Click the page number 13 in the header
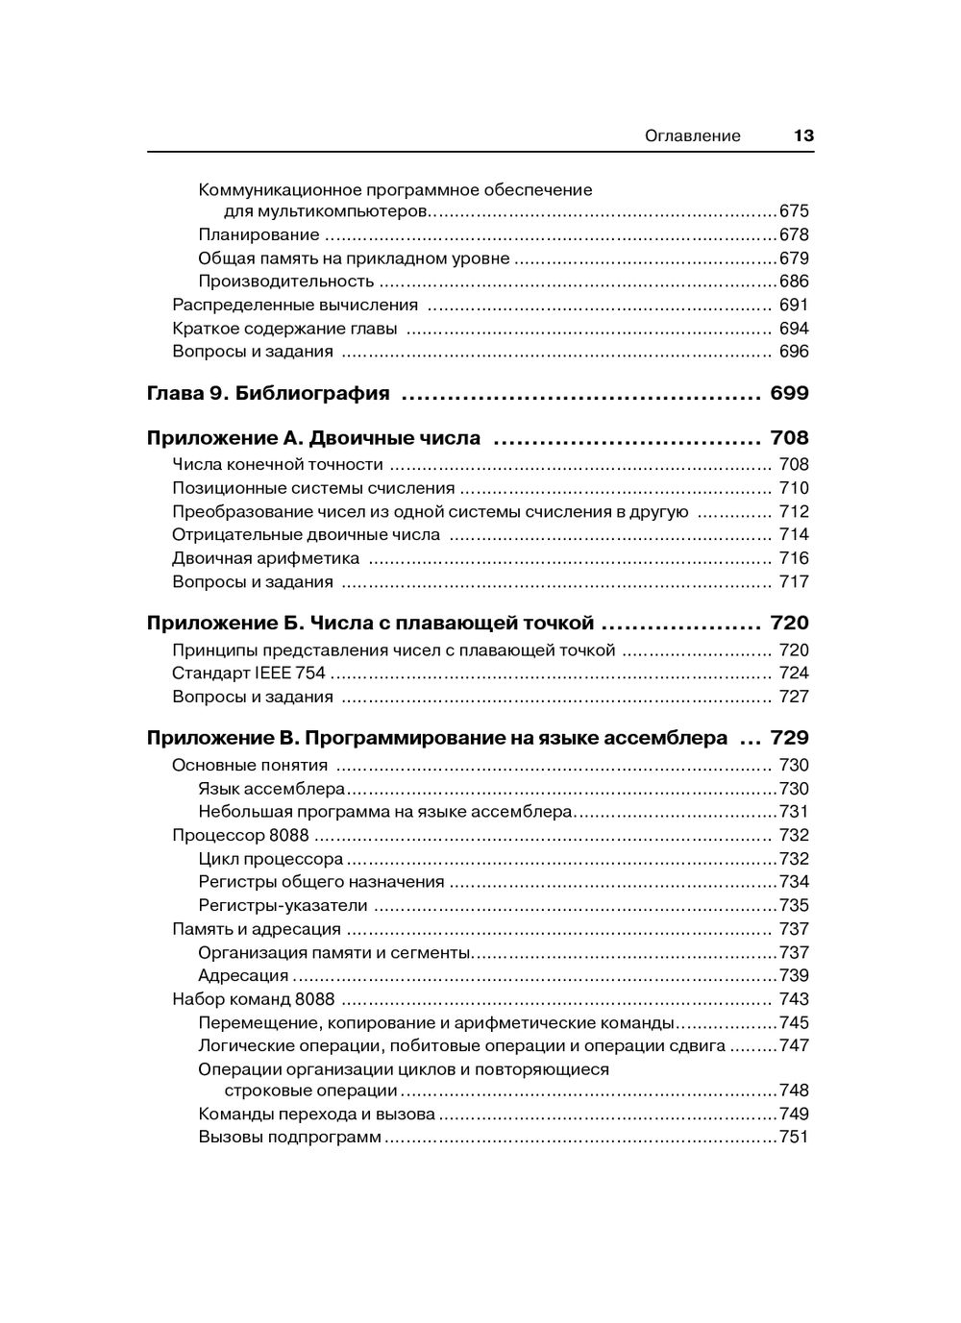[x=803, y=135]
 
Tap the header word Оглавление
[x=692, y=135]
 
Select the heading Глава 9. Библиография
[x=268, y=393]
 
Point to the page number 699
[x=789, y=393]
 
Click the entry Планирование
[x=259, y=234]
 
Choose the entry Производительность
[x=285, y=282]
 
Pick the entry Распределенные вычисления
[x=295, y=305]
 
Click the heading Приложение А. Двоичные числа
[x=313, y=439]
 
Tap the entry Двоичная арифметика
[x=265, y=558]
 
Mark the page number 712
[x=794, y=511]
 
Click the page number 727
[x=794, y=697]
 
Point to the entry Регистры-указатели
[x=283, y=905]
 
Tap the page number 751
[x=794, y=1138]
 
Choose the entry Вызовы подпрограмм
[x=289, y=1138]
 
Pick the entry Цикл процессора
[x=270, y=859]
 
